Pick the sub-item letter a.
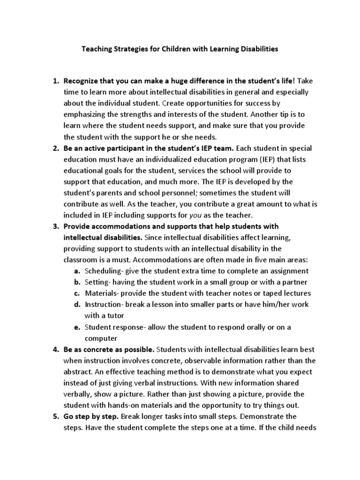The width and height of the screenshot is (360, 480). pyautogui.click(x=77, y=271)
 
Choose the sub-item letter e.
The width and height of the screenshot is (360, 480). pyautogui.click(x=77, y=327)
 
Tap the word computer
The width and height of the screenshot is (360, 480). pyautogui.click(x=100, y=338)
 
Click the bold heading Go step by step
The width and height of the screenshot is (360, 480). pyautogui.click(x=91, y=416)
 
